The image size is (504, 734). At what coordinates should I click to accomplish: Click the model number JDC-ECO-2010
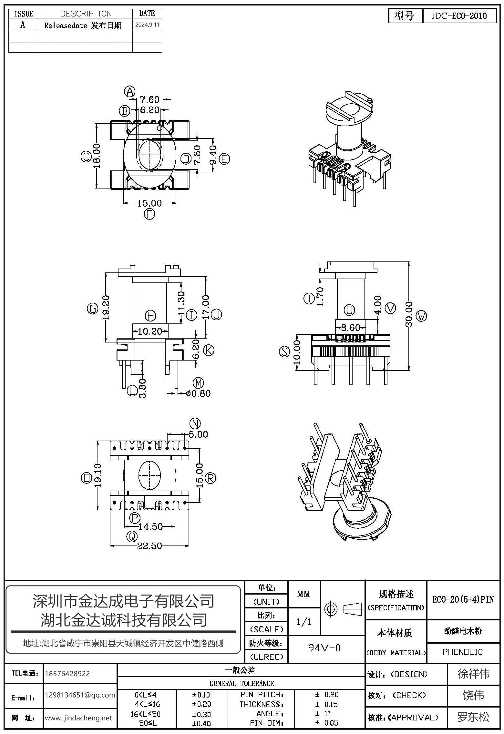click(459, 16)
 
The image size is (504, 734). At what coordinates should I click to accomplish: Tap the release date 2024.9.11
click(147, 25)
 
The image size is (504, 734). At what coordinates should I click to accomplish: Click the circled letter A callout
click(129, 92)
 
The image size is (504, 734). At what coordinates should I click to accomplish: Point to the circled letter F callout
click(149, 214)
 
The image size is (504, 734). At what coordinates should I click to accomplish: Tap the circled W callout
click(421, 316)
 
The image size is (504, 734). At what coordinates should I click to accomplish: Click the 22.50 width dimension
click(149, 546)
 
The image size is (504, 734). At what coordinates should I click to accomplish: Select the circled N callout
click(194, 423)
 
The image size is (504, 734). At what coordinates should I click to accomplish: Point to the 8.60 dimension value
click(350, 328)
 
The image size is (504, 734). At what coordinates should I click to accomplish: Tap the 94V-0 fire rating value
click(324, 648)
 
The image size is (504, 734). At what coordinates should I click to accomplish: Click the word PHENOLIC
click(463, 652)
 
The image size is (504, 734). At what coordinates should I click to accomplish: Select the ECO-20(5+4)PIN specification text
click(463, 600)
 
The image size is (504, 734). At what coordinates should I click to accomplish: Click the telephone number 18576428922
click(68, 674)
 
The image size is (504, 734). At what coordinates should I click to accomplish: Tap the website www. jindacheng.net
click(78, 718)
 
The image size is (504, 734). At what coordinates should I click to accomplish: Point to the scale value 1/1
click(304, 622)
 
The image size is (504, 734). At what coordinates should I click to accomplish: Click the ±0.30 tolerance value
click(201, 714)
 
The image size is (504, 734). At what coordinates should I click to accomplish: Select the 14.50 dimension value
click(151, 527)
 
